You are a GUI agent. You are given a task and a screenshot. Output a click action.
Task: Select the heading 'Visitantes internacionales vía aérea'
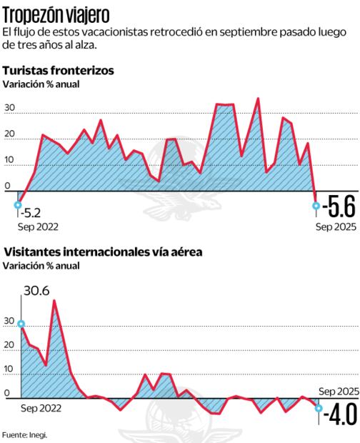pos(103,252)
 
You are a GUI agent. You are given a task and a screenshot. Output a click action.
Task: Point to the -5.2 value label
pos(31,212)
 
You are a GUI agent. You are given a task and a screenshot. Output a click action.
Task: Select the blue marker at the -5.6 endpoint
pos(316,206)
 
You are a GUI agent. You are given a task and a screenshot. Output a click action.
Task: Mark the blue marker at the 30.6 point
pos(21,324)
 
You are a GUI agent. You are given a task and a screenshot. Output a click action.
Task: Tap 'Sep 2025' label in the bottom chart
pos(337,391)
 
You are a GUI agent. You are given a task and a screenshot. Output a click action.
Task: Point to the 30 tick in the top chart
pos(10,109)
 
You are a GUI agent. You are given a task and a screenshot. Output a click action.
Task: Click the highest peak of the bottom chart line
pos(54,301)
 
